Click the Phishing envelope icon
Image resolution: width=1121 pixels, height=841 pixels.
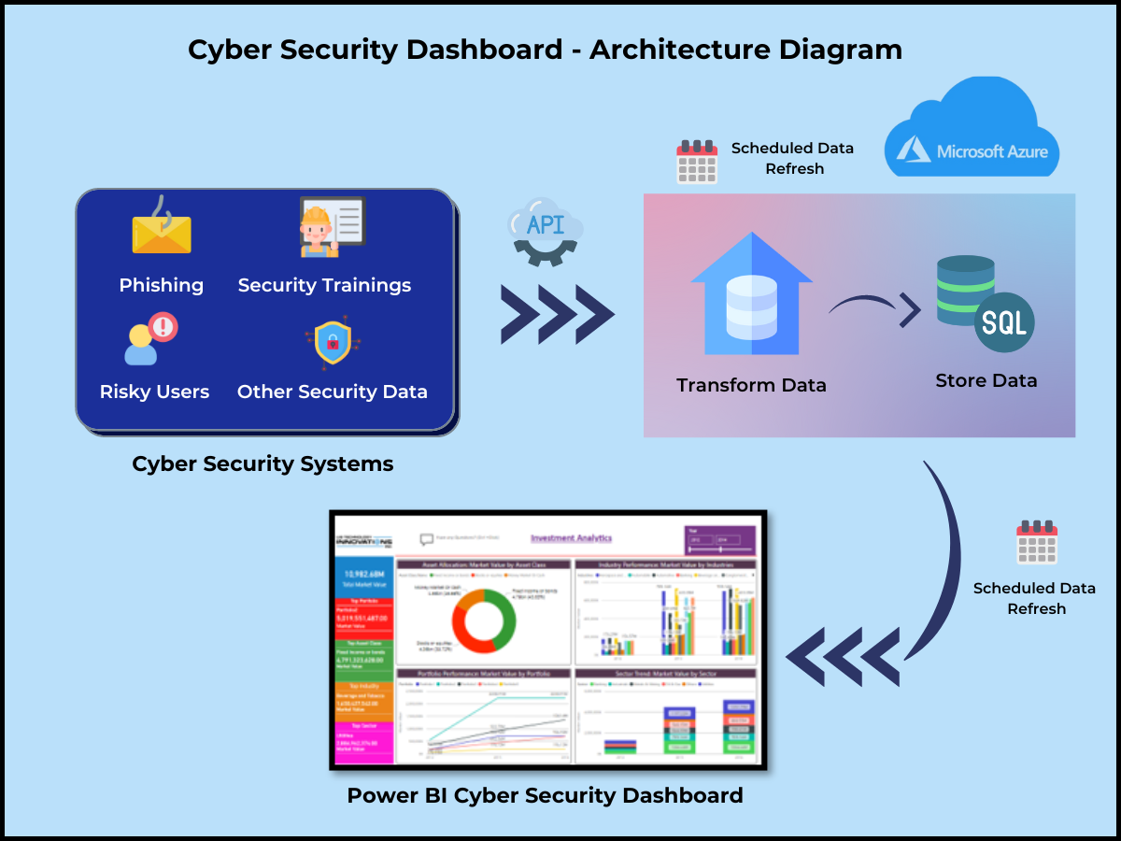[x=161, y=231]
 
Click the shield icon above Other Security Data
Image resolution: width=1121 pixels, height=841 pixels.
[x=333, y=343]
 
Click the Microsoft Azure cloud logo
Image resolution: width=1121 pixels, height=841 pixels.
[x=972, y=131]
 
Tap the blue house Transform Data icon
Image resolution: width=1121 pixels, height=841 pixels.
[x=751, y=294]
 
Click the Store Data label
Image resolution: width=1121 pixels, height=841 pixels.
[x=986, y=380]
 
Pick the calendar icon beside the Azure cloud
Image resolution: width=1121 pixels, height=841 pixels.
[x=697, y=161]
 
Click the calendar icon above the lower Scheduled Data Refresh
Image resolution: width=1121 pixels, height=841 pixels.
[x=1036, y=542]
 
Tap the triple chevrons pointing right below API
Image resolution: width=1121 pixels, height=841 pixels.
[x=557, y=315]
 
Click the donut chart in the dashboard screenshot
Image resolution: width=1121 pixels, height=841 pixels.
[x=484, y=620]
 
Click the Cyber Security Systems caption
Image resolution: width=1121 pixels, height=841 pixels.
[x=263, y=463]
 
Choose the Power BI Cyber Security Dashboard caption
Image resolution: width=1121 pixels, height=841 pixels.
[x=545, y=795]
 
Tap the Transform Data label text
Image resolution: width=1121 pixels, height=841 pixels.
[x=751, y=385]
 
